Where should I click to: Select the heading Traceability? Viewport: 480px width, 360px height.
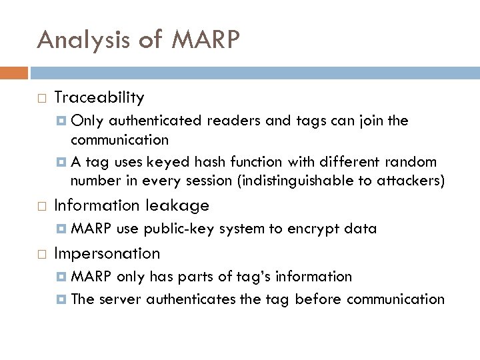click(99, 98)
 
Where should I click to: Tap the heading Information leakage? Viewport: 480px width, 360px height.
click(131, 205)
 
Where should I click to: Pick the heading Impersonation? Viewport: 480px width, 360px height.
click(107, 253)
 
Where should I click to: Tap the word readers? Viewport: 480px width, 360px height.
click(226, 121)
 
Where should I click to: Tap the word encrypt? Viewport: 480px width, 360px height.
click(313, 229)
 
